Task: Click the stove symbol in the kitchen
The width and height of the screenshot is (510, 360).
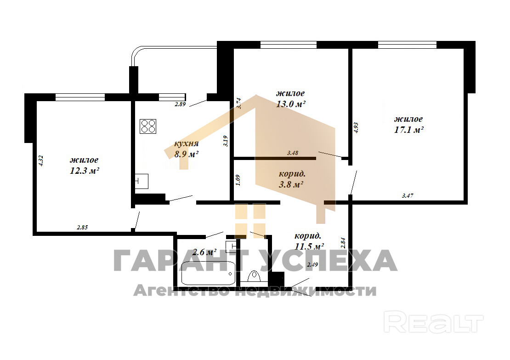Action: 148,126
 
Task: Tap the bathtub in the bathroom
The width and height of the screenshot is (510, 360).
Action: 208,273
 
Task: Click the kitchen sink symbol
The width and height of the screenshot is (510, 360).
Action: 142,181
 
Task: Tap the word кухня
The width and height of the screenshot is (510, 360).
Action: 187,143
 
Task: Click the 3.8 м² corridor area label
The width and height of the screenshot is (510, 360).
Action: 291,184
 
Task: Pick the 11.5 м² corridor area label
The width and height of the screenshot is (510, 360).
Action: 309,246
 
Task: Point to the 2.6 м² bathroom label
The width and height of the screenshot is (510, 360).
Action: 204,252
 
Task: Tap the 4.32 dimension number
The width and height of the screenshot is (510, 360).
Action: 41,161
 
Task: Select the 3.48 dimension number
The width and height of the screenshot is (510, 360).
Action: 293,153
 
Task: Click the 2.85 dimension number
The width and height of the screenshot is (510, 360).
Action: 82,228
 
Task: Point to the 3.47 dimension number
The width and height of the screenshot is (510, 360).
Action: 408,195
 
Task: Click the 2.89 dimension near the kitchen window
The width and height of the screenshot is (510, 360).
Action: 180,104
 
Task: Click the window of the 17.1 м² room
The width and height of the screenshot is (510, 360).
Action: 407,45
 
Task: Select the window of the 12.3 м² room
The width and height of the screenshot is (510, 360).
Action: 80,97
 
